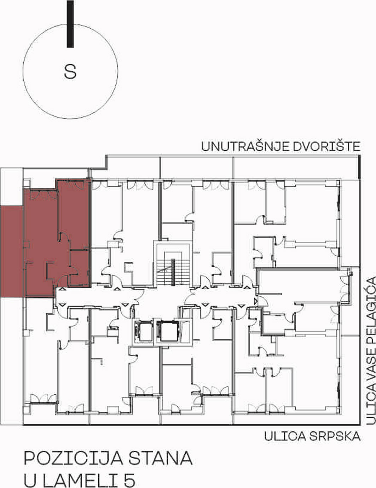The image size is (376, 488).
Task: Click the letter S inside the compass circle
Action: pyautogui.click(x=70, y=72)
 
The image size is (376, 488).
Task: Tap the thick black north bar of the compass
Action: pyautogui.click(x=70, y=24)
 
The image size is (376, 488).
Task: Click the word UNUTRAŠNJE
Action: pyautogui.click(x=245, y=146)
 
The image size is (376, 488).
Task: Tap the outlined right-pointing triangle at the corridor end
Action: pyautogui.click(x=255, y=301)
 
